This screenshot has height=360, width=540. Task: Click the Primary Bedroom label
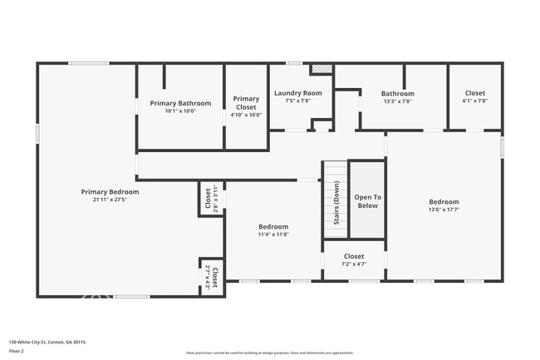click(110, 191)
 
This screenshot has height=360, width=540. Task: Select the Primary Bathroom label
click(180, 103)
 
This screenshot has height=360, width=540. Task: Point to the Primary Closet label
click(246, 103)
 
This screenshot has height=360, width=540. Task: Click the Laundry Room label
click(297, 93)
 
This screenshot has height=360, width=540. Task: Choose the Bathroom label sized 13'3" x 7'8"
click(397, 93)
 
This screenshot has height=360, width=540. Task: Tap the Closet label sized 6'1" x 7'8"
click(474, 93)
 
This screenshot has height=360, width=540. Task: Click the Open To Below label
click(367, 201)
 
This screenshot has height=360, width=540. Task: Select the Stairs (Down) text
click(336, 204)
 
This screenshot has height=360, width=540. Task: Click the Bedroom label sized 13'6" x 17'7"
click(443, 201)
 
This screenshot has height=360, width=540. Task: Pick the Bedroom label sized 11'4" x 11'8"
click(273, 226)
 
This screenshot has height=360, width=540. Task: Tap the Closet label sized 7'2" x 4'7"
click(353, 256)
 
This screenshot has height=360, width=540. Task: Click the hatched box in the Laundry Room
click(322, 69)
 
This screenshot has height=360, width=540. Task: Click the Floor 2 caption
click(17, 351)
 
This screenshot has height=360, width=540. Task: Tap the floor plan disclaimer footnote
click(269, 353)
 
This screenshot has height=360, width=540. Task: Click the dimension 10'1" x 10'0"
click(180, 111)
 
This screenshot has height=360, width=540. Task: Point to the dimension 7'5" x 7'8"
click(297, 101)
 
